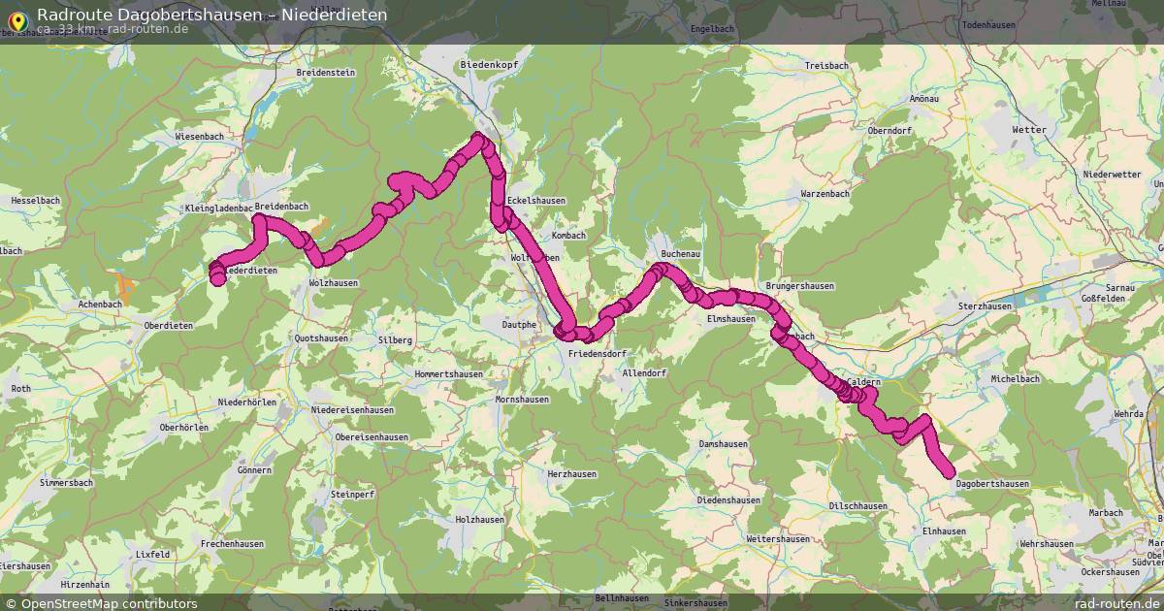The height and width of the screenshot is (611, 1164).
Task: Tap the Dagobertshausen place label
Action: coord(992,484)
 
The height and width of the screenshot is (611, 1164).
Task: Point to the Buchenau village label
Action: coord(680,254)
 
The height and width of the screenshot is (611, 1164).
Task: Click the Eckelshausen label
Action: coord(535,202)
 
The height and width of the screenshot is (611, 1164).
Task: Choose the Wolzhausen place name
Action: coord(333,283)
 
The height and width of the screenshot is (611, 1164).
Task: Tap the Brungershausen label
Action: coord(799,287)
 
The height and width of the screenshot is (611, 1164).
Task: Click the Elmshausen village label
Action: coord(731,319)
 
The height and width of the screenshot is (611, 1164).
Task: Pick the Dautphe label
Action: coord(519,325)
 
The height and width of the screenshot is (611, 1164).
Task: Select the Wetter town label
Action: coord(1029,130)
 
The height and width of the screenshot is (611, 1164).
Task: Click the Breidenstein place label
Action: coord(326,73)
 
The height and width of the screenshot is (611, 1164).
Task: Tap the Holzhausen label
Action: coord(480,520)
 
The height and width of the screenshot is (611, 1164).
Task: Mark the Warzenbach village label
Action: coord(824,194)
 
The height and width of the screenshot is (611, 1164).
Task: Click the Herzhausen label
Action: coord(572,474)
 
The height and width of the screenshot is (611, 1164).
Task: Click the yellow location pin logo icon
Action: coord(16,19)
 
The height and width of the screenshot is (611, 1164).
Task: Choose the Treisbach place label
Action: coord(826,66)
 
